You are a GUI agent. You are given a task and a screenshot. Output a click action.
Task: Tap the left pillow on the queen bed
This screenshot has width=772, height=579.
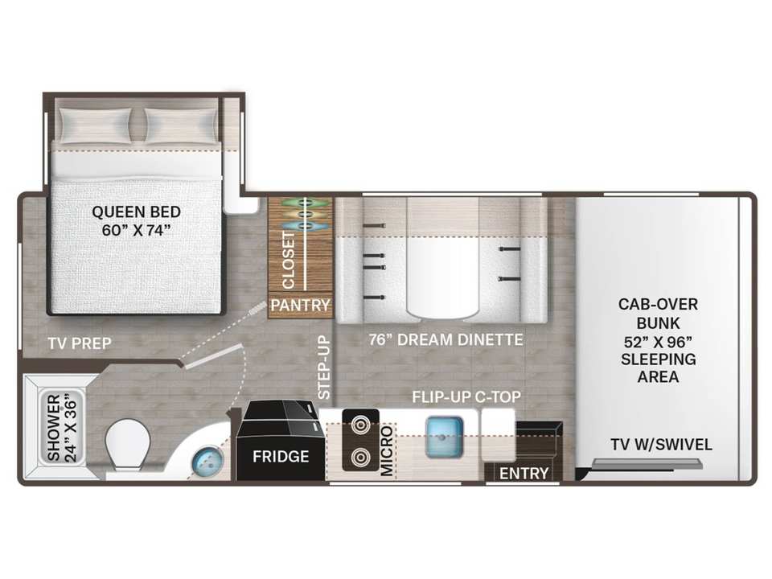pyautogui.click(x=95, y=125)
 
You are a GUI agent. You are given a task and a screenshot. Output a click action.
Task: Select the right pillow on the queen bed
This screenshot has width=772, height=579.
pyautogui.click(x=181, y=125)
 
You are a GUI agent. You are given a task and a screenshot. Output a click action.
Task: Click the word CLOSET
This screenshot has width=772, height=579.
pyautogui.click(x=288, y=261)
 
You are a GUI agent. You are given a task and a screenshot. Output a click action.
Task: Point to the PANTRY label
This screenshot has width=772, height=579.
pyautogui.click(x=300, y=306)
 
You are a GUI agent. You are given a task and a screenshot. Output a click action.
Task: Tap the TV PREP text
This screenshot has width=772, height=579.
pyautogui.click(x=80, y=343)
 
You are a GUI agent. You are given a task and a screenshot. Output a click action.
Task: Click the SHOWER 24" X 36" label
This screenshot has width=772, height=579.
pyautogui.click(x=63, y=427)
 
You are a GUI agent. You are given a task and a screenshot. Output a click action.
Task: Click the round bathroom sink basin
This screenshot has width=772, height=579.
pyautogui.click(x=207, y=462)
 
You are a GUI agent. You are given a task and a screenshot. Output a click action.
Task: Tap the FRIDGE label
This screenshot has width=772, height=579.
pyautogui.click(x=281, y=457)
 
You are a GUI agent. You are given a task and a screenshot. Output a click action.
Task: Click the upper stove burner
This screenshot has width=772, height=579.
pyautogui.click(x=361, y=425)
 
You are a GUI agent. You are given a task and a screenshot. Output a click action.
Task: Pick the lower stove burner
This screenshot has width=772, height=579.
pyautogui.click(x=361, y=458)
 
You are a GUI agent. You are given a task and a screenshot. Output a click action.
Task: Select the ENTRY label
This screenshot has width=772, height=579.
pyautogui.click(x=524, y=474)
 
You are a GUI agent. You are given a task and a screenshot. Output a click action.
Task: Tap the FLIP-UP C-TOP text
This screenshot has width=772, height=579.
pyautogui.click(x=466, y=396)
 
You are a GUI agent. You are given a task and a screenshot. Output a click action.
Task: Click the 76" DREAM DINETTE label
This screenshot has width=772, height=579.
pyautogui.click(x=446, y=339)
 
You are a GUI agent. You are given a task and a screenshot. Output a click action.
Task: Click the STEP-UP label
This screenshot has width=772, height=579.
pyautogui.click(x=323, y=368)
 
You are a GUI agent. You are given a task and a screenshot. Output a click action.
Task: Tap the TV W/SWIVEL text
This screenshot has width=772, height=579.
pyautogui.click(x=661, y=445)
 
